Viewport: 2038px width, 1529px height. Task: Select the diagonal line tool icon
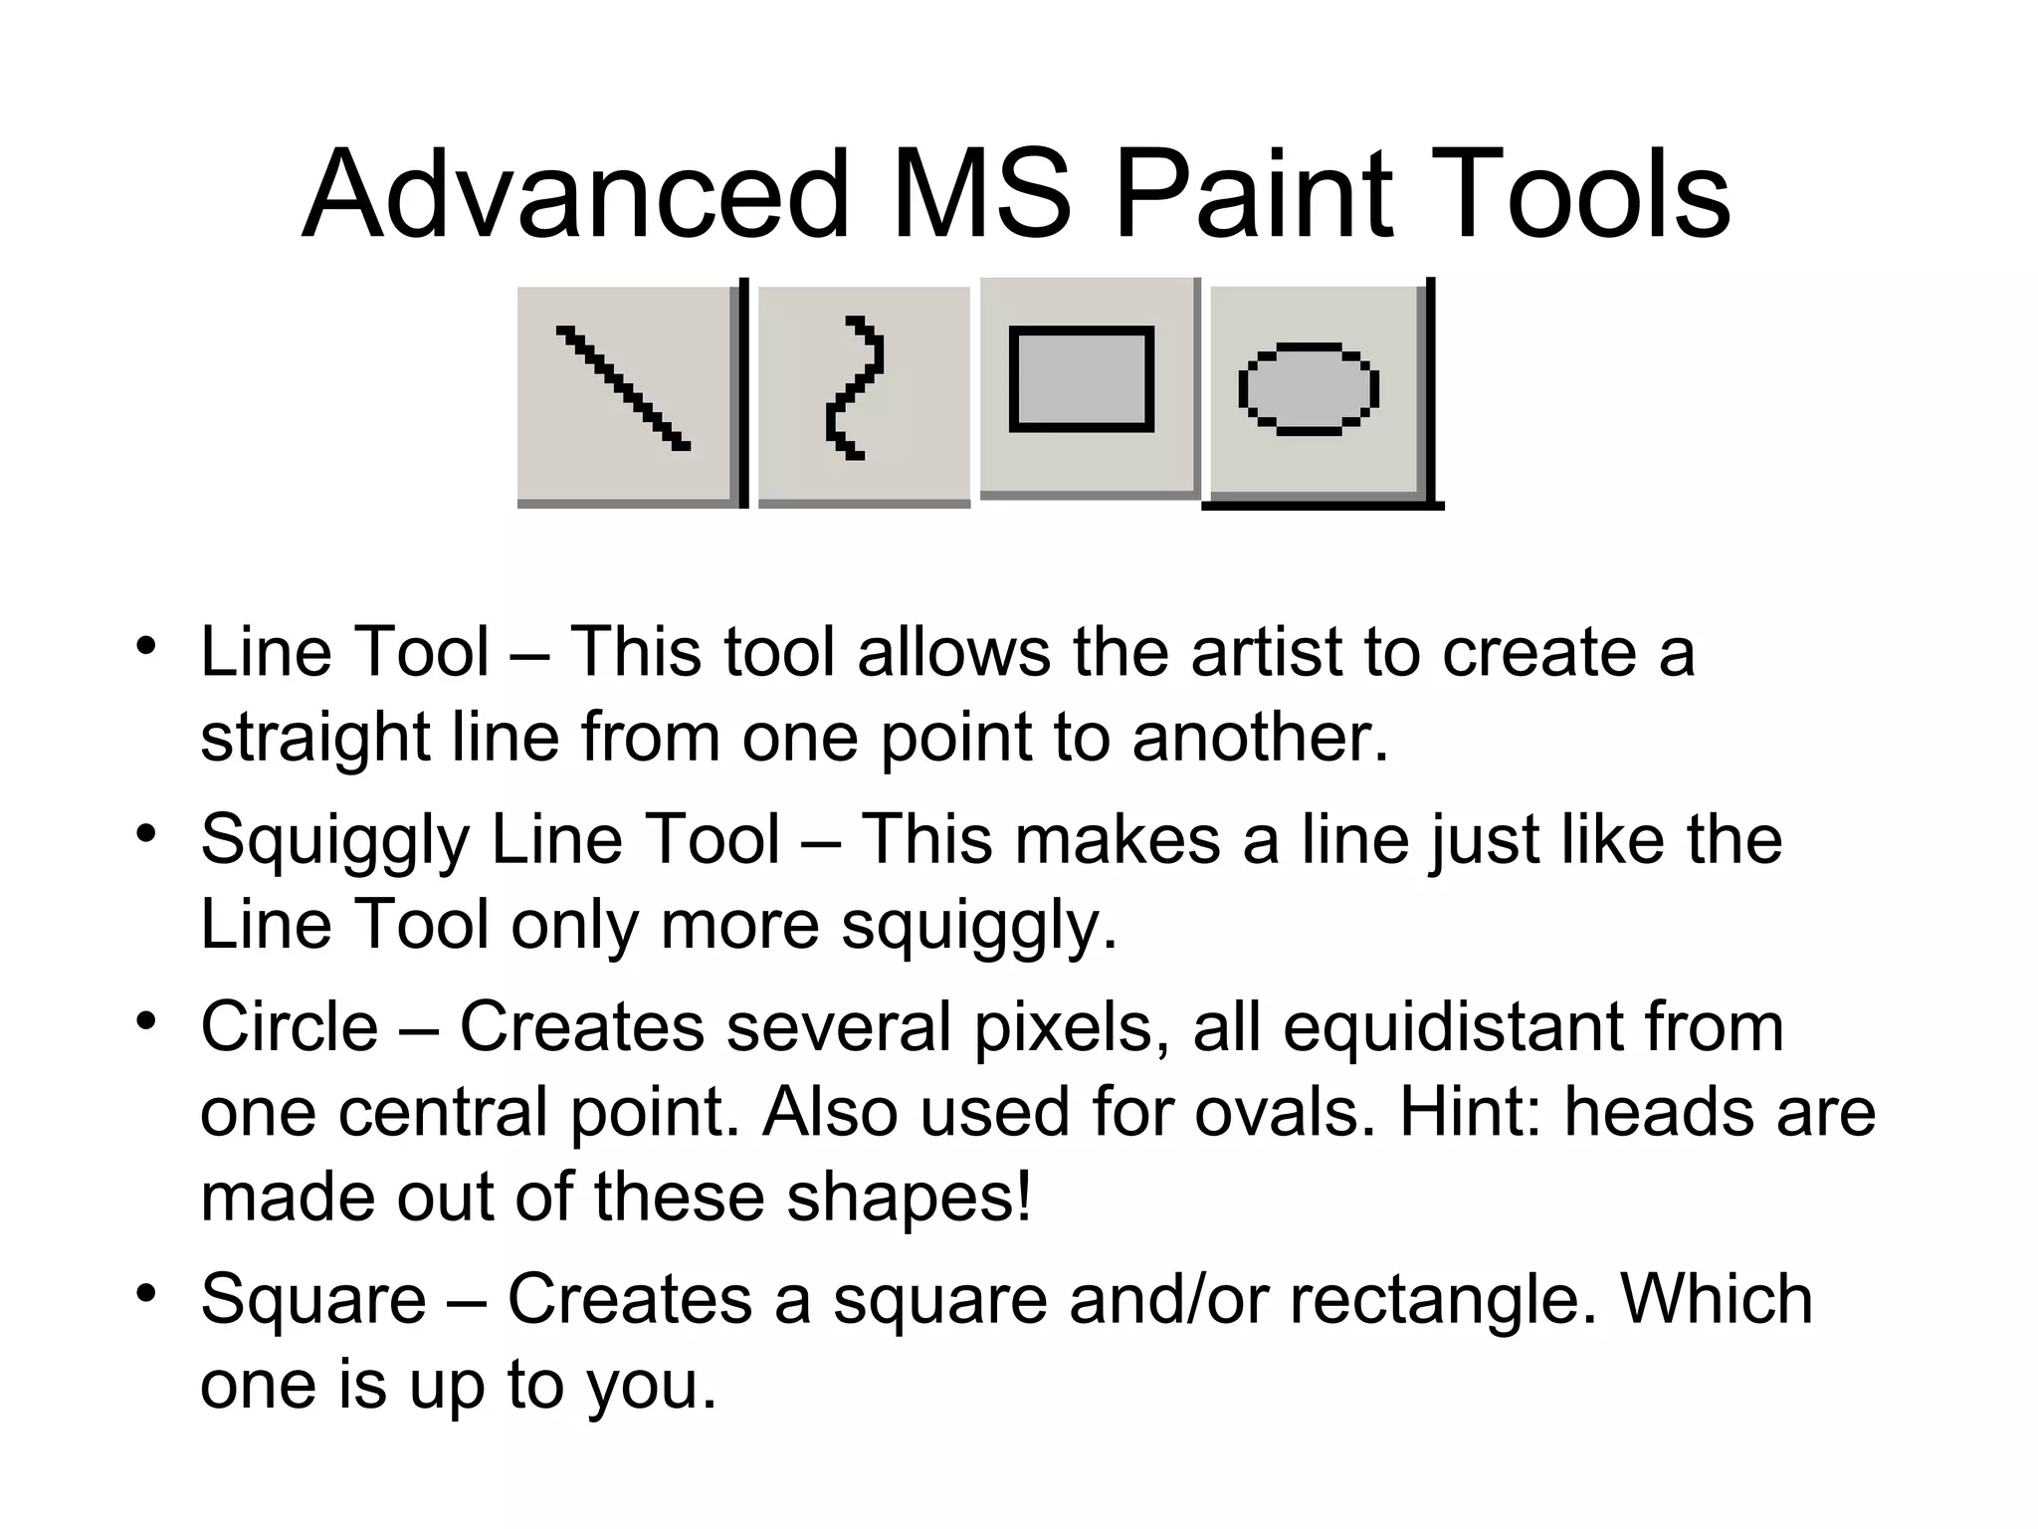624,388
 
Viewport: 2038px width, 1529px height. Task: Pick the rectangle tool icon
1082,379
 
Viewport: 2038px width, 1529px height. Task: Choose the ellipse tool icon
1308,389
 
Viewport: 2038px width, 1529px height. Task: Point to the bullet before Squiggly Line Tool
147,831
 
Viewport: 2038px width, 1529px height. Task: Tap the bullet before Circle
147,1019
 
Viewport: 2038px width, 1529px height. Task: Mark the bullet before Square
147,1292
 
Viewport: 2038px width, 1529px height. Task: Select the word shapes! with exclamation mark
910,1198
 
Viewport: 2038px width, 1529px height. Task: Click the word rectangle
1444,1300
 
